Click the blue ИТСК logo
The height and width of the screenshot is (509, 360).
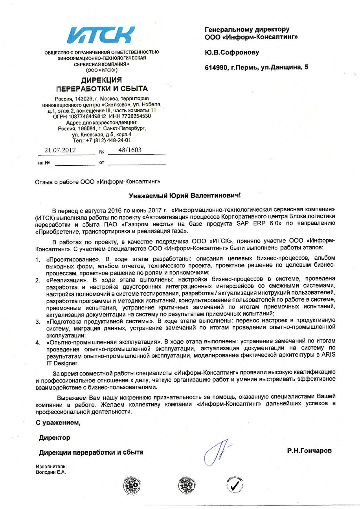(101, 35)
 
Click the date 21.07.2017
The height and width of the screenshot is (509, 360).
(60, 150)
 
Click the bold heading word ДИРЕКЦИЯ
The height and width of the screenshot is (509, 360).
(101, 80)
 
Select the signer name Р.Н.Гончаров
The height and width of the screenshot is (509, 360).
(309, 450)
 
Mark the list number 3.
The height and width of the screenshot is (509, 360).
(38, 322)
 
